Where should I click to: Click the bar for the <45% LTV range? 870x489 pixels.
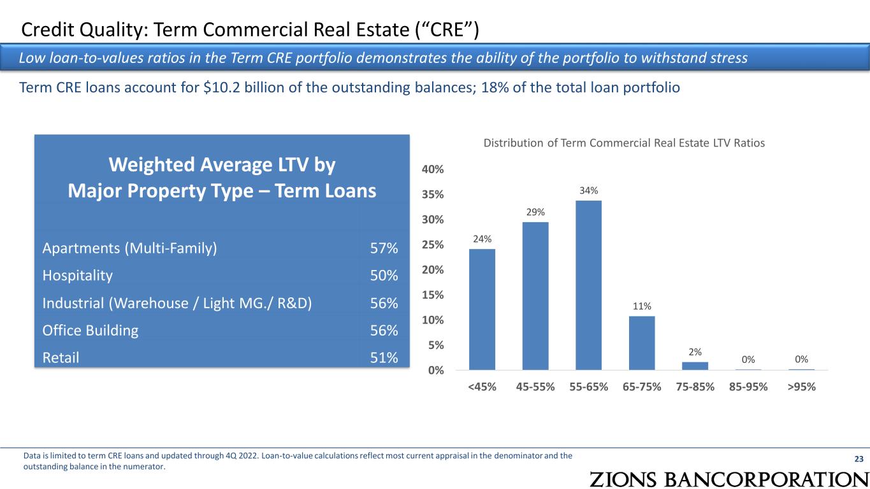tap(482, 309)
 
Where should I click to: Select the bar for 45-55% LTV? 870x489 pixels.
tap(535, 296)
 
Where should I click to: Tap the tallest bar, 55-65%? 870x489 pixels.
tap(588, 285)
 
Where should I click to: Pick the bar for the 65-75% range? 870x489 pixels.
tap(642, 343)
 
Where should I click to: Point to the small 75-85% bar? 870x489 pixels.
tap(695, 366)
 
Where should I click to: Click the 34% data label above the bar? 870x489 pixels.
tap(588, 190)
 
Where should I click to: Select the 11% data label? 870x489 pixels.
tap(642, 306)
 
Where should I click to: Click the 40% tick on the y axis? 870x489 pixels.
tap(433, 169)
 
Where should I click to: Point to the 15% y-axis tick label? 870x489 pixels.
tap(433, 295)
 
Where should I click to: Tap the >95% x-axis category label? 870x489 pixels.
tap(801, 387)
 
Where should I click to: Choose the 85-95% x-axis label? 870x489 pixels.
tap(748, 387)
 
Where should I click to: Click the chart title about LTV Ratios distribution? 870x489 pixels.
tap(624, 143)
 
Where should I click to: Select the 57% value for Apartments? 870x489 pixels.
tap(384, 248)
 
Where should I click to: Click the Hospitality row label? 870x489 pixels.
tap(78, 276)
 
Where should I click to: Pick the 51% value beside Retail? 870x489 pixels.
tap(384, 358)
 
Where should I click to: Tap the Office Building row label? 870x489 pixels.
tap(91, 330)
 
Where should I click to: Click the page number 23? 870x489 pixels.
tap(859, 459)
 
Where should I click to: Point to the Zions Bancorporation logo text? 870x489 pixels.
tap(729, 479)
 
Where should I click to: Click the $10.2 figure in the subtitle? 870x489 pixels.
tap(220, 88)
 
